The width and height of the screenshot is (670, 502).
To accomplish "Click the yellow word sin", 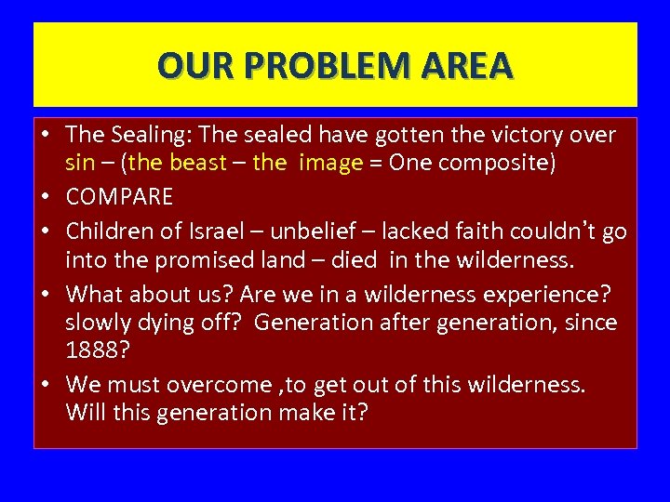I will pyautogui.click(x=80, y=163).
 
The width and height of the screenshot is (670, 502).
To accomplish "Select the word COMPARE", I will pyautogui.click(x=119, y=197).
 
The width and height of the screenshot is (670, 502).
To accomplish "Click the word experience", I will pyautogui.click(x=546, y=294).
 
